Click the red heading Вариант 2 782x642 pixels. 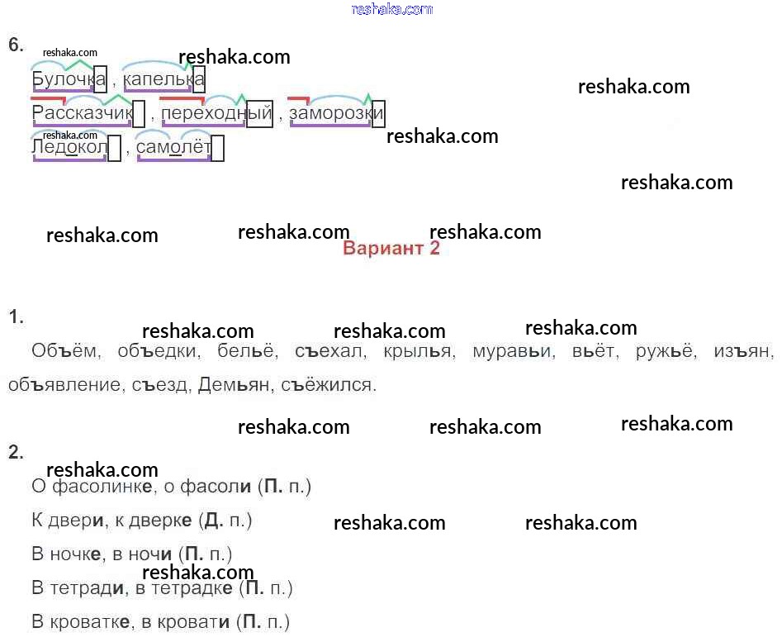tap(391, 249)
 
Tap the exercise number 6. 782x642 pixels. tap(15, 45)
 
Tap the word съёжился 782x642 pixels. tap(328, 385)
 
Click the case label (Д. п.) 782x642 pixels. tap(227, 521)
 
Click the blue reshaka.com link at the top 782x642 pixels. tap(391, 9)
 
